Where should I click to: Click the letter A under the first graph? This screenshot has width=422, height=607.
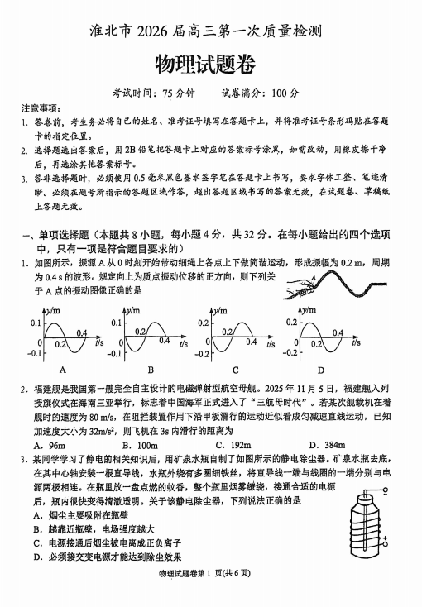pyautogui.click(x=64, y=370)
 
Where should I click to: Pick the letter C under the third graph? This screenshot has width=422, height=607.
pyautogui.click(x=236, y=370)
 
